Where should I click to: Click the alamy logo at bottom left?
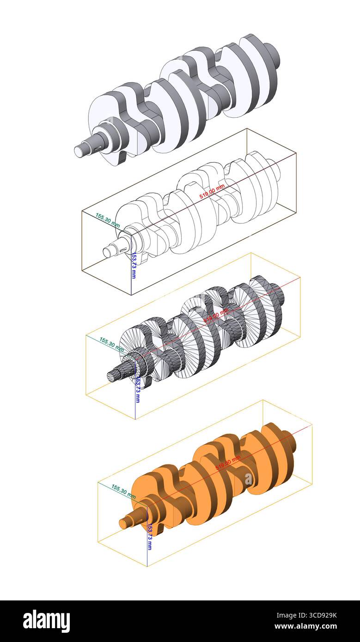pyautogui.click(x=47, y=621)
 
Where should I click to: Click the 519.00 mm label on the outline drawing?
pyautogui.click(x=212, y=191)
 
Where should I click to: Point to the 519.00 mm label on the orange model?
pyautogui.click(x=228, y=462)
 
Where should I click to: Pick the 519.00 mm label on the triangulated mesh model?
pyautogui.click(x=216, y=316)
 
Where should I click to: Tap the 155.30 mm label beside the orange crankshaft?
pyautogui.click(x=123, y=490)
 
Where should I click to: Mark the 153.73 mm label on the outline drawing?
pyautogui.click(x=134, y=265)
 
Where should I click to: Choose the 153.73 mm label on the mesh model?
pyautogui.click(x=137, y=390)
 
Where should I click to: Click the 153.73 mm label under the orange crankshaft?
pyautogui.click(x=149, y=536)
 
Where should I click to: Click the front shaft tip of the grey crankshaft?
pyautogui.click(x=79, y=151)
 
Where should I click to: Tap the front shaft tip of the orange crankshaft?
pyautogui.click(x=123, y=523)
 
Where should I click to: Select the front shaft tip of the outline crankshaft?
pyautogui.click(x=107, y=252)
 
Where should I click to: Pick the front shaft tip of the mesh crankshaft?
pyautogui.click(x=111, y=376)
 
